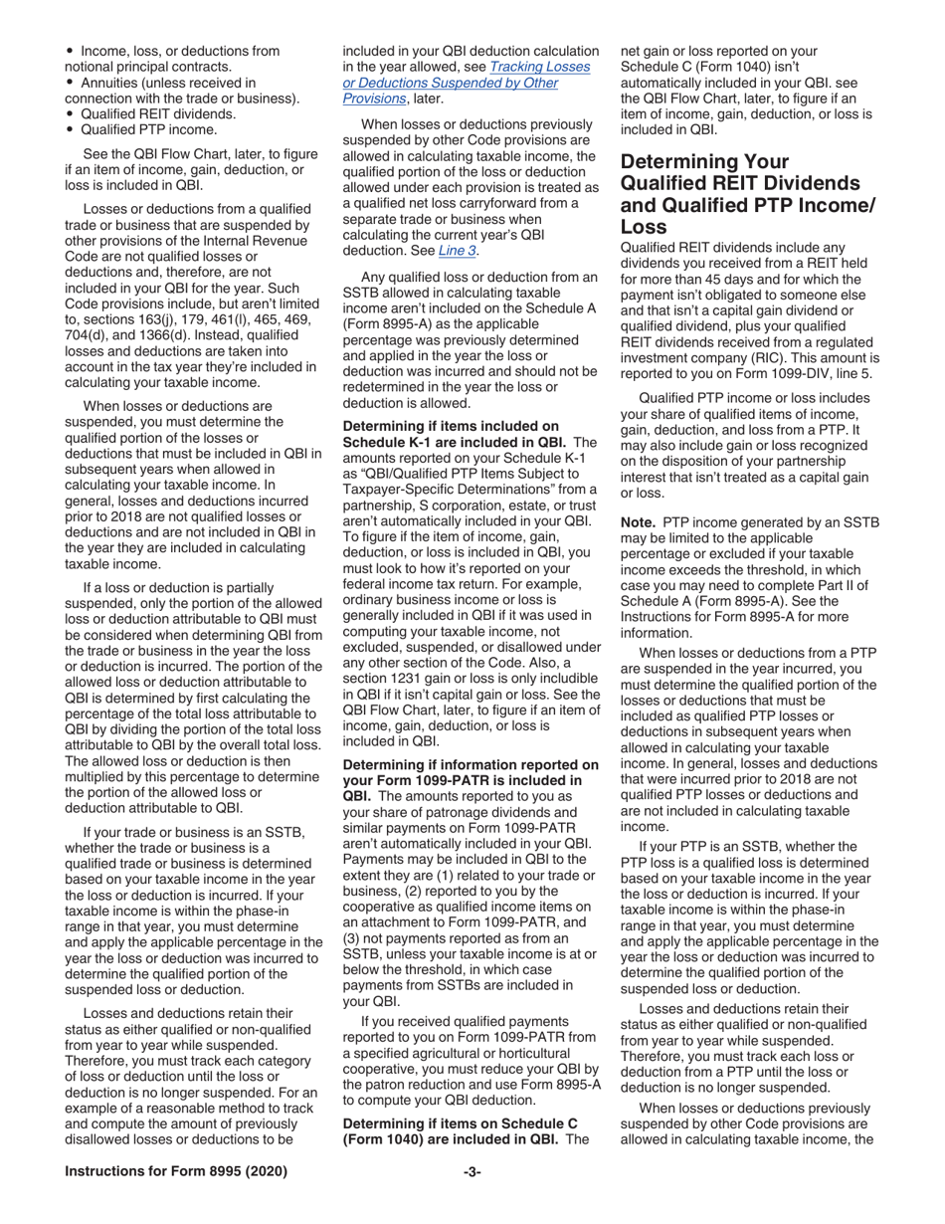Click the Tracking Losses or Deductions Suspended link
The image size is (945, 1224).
click(466, 83)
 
